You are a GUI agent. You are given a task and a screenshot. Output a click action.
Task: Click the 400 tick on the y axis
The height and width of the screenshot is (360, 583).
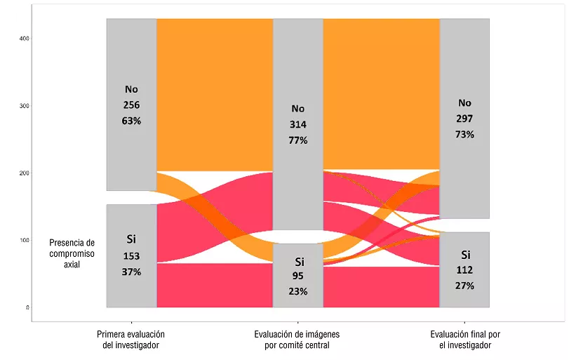click(x=24, y=39)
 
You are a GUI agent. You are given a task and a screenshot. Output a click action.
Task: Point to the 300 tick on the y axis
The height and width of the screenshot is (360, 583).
click(x=24, y=106)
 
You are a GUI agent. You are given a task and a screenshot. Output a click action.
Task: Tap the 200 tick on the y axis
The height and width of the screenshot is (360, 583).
click(x=24, y=173)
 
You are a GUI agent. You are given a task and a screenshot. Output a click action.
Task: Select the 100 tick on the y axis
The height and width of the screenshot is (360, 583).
click(x=24, y=240)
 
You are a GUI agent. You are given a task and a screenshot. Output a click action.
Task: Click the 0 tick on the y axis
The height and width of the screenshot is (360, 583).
click(x=27, y=307)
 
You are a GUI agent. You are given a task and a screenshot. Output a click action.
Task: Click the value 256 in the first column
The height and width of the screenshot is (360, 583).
click(x=132, y=105)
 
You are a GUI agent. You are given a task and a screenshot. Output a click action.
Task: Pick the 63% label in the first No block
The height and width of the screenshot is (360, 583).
click(x=132, y=121)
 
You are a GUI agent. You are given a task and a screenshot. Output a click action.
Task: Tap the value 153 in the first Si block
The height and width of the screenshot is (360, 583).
click(x=132, y=256)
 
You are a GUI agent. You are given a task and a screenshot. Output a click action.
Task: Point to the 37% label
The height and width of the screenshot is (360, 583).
click(x=132, y=272)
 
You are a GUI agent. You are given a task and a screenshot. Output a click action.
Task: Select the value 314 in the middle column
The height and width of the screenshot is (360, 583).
click(x=298, y=124)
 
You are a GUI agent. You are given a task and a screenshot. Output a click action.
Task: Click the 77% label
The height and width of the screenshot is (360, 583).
click(x=298, y=140)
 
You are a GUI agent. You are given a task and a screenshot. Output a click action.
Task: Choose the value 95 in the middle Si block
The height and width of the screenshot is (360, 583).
click(x=298, y=276)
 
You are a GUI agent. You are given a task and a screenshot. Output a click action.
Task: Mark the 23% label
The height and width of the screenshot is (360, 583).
click(x=298, y=291)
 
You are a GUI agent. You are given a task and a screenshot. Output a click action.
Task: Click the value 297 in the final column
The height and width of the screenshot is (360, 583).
click(x=465, y=119)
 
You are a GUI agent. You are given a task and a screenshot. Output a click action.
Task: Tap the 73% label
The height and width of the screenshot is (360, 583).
click(x=465, y=134)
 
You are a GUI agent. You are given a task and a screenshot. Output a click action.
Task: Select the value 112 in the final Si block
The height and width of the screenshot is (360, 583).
click(x=465, y=270)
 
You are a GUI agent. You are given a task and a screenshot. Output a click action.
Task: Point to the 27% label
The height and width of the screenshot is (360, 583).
click(x=465, y=286)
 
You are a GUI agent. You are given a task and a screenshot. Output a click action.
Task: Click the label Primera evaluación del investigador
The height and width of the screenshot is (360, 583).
click(x=131, y=340)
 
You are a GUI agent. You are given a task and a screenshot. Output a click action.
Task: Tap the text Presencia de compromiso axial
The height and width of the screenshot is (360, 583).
click(x=72, y=254)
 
